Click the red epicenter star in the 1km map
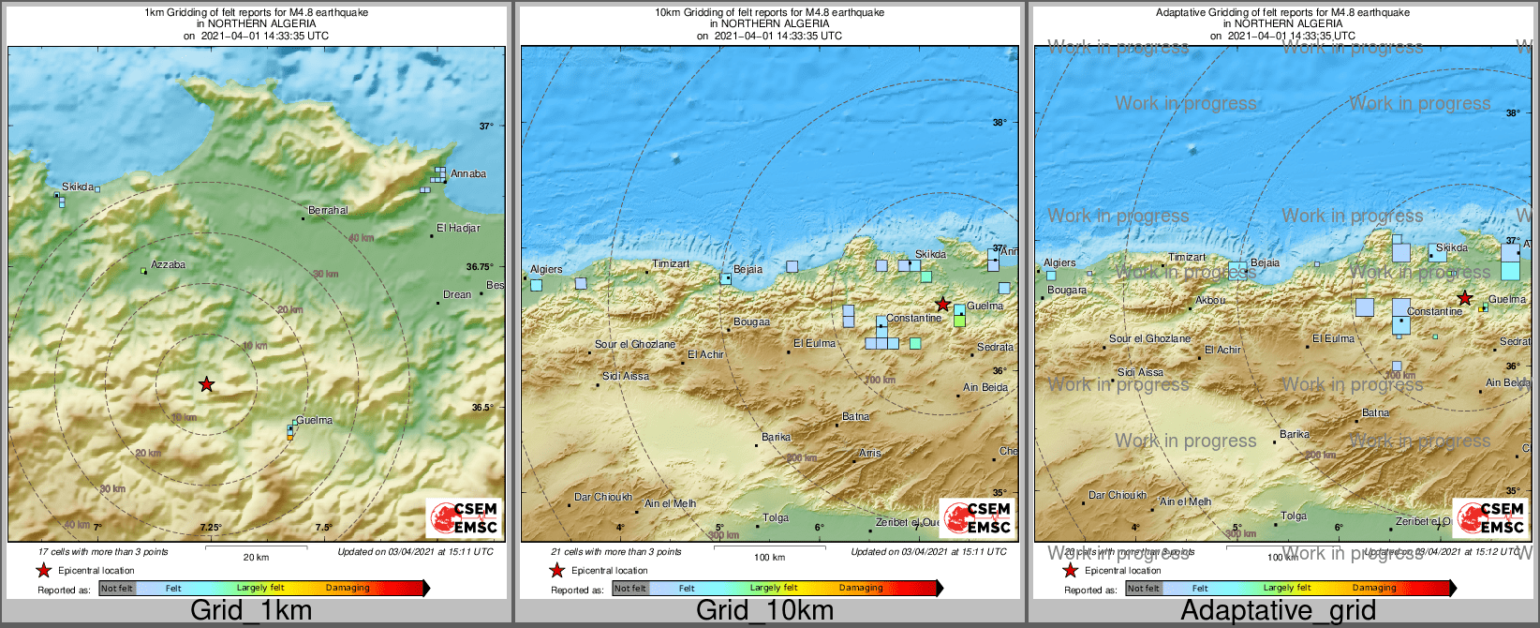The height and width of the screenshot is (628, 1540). pos(206,384)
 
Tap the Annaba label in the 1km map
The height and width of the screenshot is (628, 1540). pos(467,174)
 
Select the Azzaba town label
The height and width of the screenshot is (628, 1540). pos(168,265)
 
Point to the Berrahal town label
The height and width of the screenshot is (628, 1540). pos(328,211)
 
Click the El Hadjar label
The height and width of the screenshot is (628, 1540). pos(458,229)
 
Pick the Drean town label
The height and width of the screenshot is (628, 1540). pos(457,295)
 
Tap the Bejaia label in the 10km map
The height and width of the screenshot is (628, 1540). pos(748,270)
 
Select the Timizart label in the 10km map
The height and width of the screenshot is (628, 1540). pos(671,264)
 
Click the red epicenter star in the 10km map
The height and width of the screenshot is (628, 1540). pos(942,305)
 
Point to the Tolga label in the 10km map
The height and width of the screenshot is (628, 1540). pos(776,518)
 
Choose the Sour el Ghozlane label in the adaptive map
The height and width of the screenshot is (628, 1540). pos(1149,339)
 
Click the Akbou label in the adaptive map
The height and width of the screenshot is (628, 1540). pos(1210,301)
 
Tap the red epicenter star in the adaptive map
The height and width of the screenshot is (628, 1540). pos(1464,298)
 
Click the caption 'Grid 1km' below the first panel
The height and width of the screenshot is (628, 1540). pos(251,611)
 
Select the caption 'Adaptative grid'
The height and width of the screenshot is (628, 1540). pos(1278,611)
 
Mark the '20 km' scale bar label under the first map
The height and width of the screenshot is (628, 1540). pos(256,558)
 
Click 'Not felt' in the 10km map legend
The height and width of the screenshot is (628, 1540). pos(630,589)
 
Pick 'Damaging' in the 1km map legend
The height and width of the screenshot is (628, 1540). pos(348,589)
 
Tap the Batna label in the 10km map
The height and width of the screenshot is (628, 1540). pos(855,417)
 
